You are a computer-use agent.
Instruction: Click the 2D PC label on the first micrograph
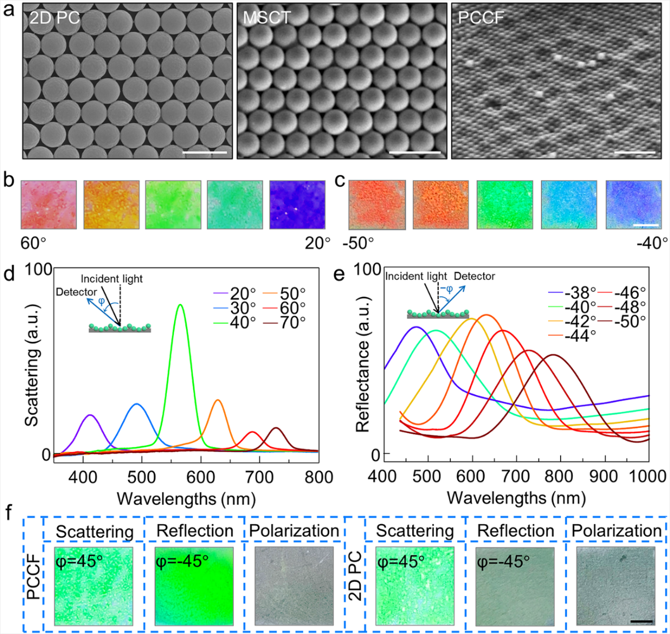point(54,18)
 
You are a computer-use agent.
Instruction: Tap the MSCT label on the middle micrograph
point(267,18)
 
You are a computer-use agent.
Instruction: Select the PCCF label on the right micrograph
point(481,18)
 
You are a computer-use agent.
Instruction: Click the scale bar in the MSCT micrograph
point(414,153)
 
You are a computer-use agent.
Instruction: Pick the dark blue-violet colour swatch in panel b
point(297,205)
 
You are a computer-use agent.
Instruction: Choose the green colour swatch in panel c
point(505,205)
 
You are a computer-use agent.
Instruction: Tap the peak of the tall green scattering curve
point(181,305)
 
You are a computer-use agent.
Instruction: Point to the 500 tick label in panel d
point(141,477)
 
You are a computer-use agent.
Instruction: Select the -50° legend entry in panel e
point(629,321)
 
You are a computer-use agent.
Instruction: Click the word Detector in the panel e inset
point(475,276)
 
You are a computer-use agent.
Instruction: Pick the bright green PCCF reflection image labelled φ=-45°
point(194,586)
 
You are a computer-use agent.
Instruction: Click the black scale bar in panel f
point(641,622)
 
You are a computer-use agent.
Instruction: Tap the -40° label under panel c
point(653,244)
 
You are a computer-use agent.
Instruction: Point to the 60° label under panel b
point(34,244)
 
